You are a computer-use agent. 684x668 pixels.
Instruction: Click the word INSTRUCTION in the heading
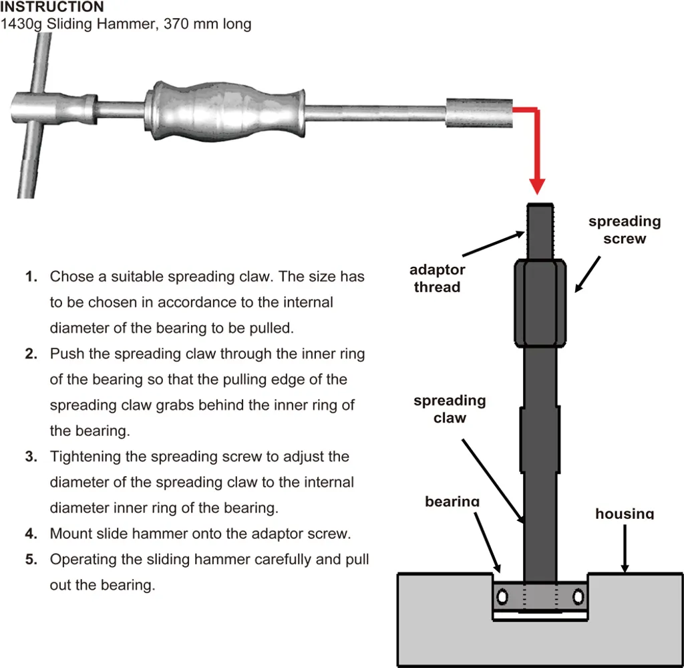(x=52, y=7)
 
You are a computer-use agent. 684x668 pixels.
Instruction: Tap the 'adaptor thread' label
(x=438, y=279)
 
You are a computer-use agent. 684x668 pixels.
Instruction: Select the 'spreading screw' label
(x=625, y=229)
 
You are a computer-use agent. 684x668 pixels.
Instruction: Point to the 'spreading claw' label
(x=450, y=409)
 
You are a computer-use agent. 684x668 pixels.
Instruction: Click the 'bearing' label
(x=452, y=502)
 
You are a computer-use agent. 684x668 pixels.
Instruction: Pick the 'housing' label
(x=625, y=514)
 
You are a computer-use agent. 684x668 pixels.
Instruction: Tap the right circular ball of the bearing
(x=578, y=594)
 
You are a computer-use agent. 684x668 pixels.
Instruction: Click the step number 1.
(x=31, y=277)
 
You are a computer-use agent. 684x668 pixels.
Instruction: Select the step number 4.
(x=31, y=534)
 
